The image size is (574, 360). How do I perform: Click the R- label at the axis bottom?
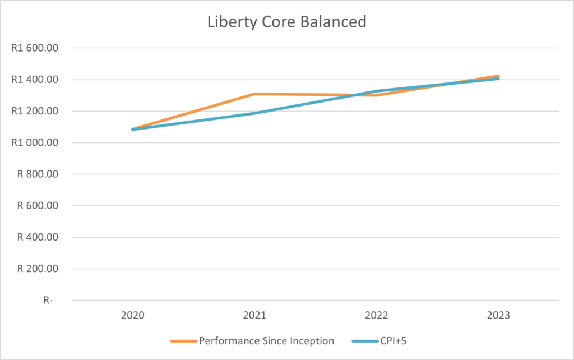point(48,300)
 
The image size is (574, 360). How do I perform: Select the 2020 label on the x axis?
point(132,316)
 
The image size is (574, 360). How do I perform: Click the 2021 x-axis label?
point(254,316)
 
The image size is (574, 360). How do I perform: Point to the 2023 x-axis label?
point(498,316)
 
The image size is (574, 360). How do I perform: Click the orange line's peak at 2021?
point(254,94)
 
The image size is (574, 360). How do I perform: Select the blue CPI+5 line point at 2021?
point(254,113)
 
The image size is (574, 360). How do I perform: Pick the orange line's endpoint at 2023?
point(498,76)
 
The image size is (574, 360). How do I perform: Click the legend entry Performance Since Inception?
point(266,340)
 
